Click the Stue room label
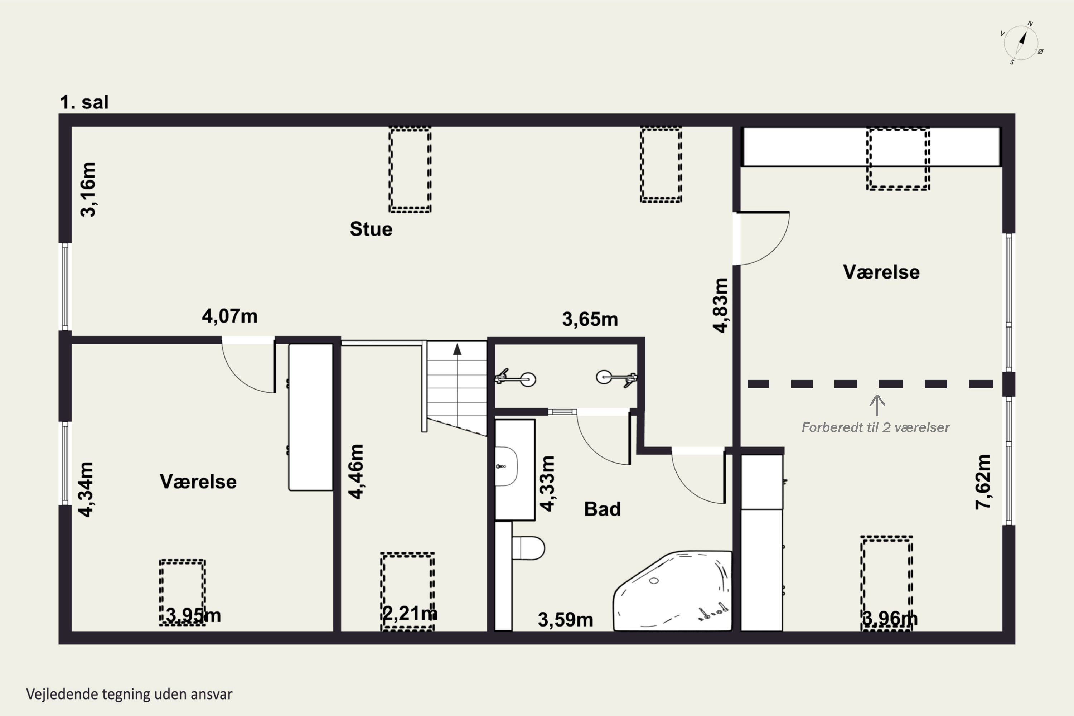(x=371, y=229)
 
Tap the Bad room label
(x=602, y=509)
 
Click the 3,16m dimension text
(x=88, y=189)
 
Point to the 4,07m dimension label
(x=230, y=316)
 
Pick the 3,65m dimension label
(x=590, y=319)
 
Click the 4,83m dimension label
(x=721, y=305)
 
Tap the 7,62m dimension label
(x=983, y=482)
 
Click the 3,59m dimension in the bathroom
(x=565, y=620)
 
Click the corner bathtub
(x=673, y=591)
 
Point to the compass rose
(x=1021, y=43)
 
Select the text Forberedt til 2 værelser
(x=875, y=427)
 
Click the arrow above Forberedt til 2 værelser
(x=877, y=405)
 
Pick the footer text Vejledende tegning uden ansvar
(x=129, y=694)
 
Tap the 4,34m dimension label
(x=86, y=489)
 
